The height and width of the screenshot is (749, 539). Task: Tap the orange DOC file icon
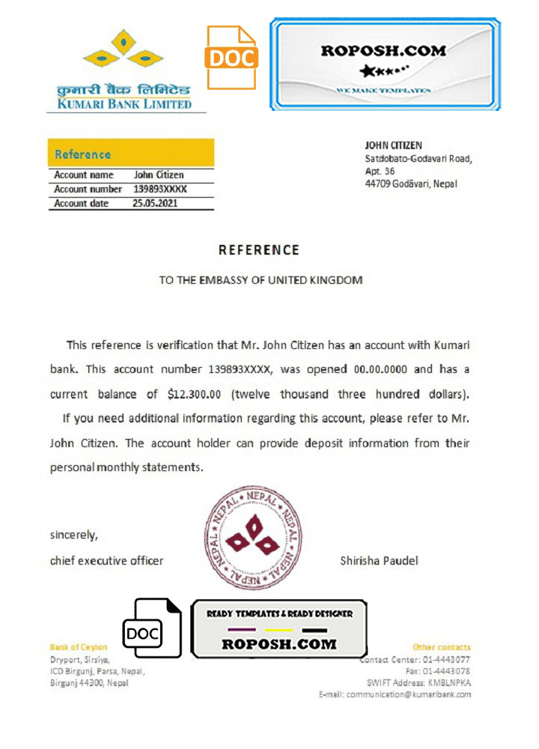tap(232, 57)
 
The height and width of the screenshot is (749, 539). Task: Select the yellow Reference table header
tap(131, 154)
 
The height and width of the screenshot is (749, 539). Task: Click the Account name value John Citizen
tap(159, 175)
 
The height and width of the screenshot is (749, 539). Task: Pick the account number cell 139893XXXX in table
tap(159, 189)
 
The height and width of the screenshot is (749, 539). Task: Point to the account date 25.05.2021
tap(155, 203)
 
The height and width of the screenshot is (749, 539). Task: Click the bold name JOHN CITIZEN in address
tap(393, 145)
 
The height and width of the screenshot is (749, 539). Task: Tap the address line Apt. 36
tap(379, 171)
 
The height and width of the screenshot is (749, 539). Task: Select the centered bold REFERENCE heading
tap(259, 250)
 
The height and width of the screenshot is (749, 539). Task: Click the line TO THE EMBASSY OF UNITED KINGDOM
tap(261, 280)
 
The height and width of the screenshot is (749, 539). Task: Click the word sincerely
tap(74, 535)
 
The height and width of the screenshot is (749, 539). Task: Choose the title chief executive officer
tap(106, 560)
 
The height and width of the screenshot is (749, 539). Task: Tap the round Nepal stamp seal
tap(254, 540)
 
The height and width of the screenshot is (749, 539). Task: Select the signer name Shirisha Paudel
tap(379, 560)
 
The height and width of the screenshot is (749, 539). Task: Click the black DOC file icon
tap(152, 628)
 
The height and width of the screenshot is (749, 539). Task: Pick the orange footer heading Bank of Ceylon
tap(79, 647)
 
